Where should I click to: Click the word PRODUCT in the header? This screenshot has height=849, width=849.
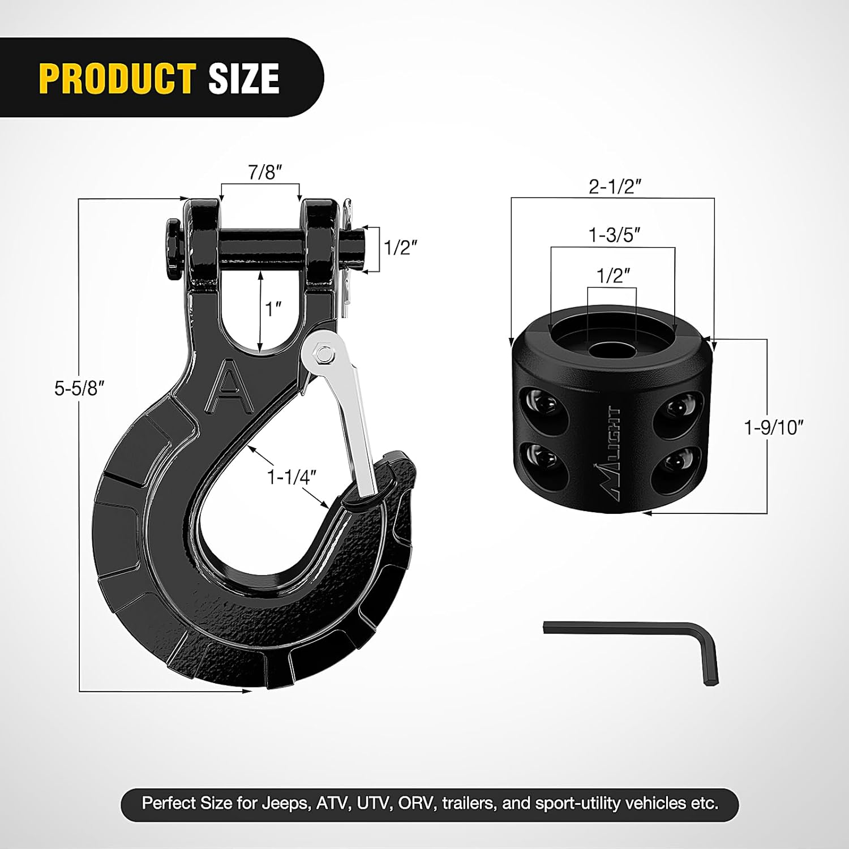tap(117, 78)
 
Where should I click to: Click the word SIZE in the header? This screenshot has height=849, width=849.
tap(244, 78)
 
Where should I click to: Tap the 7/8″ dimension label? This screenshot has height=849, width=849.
tap(265, 172)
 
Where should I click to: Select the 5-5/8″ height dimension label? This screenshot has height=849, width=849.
tap(79, 388)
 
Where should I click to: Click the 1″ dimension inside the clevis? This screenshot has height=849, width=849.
tap(274, 309)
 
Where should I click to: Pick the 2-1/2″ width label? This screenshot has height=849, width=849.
tap(615, 186)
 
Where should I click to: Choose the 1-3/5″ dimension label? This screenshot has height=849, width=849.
tap(615, 234)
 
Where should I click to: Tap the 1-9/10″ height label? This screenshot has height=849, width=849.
tap(774, 427)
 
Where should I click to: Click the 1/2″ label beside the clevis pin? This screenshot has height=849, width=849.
tap(401, 247)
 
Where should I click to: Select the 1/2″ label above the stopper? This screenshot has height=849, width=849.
tap(614, 276)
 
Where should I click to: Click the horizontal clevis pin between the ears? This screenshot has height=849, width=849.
tap(260, 247)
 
